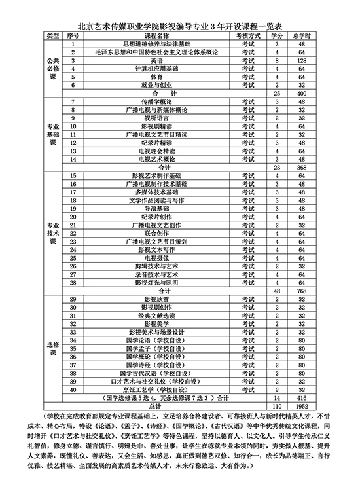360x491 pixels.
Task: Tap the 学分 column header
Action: click(x=278, y=35)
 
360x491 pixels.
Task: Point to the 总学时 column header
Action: click(x=302, y=35)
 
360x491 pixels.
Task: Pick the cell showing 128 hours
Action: click(x=302, y=60)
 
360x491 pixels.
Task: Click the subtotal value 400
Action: click(x=302, y=93)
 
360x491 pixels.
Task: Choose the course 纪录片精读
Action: click(x=151, y=142)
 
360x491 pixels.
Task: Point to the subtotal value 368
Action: click(x=302, y=167)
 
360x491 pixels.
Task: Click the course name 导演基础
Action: click(x=151, y=208)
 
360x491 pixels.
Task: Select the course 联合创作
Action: click(x=151, y=232)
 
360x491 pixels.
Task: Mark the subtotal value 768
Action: click(x=302, y=290)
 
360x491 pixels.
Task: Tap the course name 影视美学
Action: click(x=151, y=323)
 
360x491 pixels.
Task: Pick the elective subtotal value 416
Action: click(x=302, y=397)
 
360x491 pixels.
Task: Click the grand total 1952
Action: click(x=302, y=406)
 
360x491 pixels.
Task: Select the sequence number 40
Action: click(x=73, y=390)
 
